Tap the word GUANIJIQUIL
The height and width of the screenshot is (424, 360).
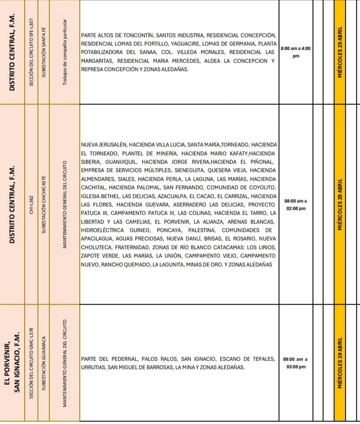[x=121, y=162]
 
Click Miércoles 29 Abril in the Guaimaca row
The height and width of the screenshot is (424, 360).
[x=340, y=363]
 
